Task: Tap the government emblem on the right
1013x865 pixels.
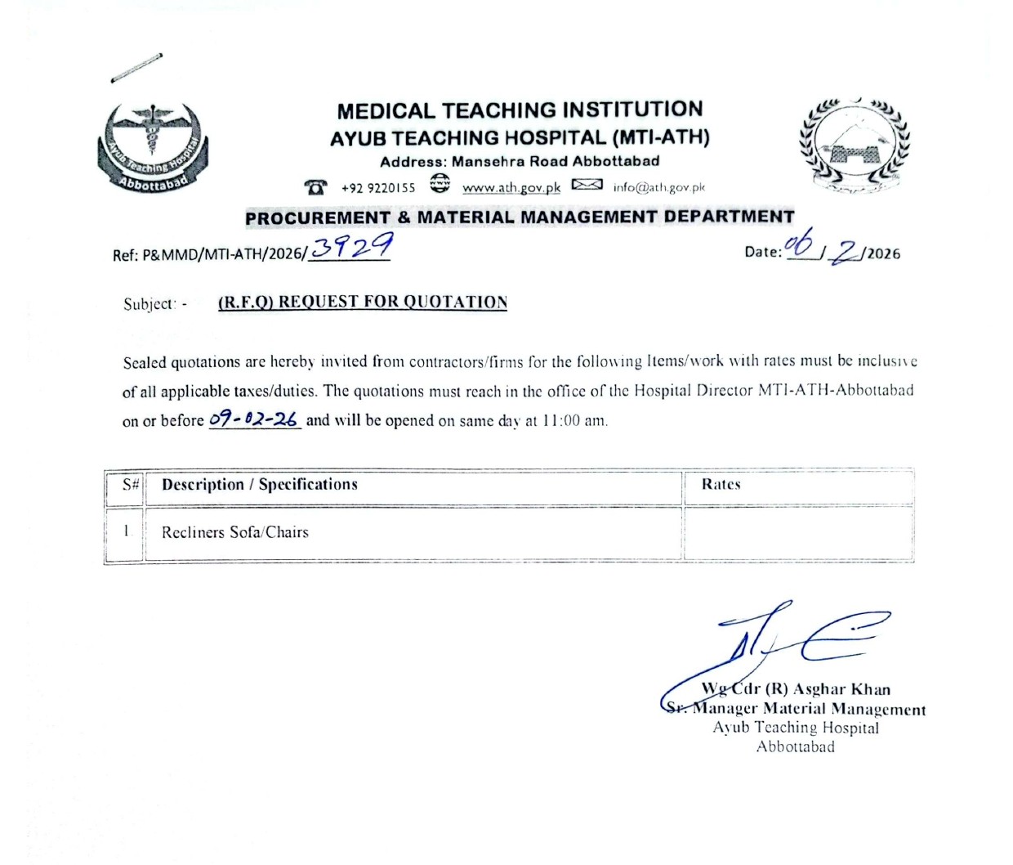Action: click(x=854, y=147)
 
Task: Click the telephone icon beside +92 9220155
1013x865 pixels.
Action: click(x=315, y=187)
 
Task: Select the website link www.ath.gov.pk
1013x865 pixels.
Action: click(x=511, y=187)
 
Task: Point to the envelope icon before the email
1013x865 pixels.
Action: click(x=587, y=185)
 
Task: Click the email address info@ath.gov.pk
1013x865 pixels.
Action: click(x=658, y=187)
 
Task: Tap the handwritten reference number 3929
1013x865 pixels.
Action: click(x=352, y=245)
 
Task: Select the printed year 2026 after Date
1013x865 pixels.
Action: click(x=884, y=253)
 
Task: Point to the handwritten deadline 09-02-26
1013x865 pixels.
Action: click(x=254, y=419)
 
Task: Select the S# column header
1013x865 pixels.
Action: click(x=131, y=484)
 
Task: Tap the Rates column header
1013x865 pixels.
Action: click(x=721, y=484)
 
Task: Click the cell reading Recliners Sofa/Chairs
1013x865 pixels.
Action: click(x=235, y=532)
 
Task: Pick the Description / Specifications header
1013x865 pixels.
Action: click(x=260, y=484)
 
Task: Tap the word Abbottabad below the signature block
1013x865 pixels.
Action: click(x=796, y=746)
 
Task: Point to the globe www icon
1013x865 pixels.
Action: click(x=440, y=183)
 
